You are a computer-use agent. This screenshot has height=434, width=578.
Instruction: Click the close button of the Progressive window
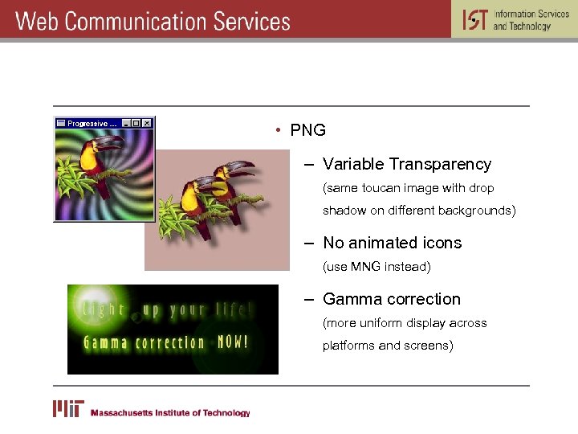coord(147,123)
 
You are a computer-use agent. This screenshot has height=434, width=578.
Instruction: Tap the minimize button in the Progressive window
coord(126,123)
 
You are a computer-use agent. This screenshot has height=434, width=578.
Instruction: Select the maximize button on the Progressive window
coord(136,123)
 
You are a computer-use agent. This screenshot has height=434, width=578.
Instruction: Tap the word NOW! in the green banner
coord(233,342)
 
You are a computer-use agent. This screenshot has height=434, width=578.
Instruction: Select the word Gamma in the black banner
coord(104,343)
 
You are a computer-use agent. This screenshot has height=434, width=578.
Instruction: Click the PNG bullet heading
coord(307,130)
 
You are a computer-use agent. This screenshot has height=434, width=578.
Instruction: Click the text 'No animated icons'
coord(392,243)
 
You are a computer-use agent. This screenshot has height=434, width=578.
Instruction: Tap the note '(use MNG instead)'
coord(377,266)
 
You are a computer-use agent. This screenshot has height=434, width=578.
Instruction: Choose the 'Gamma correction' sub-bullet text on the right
coord(392,299)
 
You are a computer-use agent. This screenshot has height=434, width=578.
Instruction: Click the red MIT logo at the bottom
coord(69,409)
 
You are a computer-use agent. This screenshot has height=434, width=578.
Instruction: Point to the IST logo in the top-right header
coord(474,19)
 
